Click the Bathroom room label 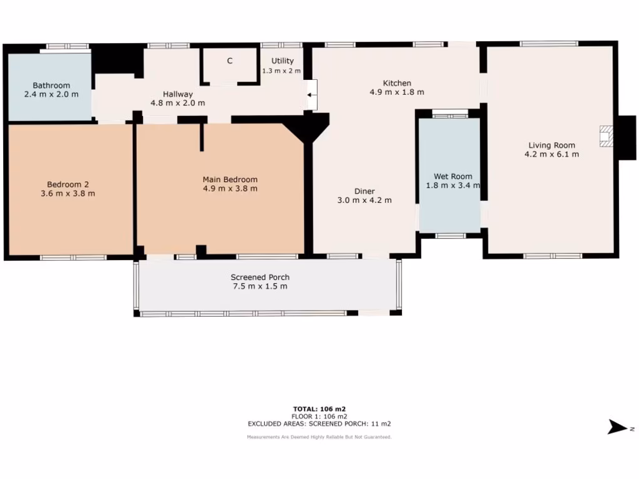tap(51, 85)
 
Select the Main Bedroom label tap(230, 180)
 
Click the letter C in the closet tap(230, 61)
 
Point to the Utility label tap(282, 61)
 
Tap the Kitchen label tap(397, 83)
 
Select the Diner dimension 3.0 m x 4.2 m tap(364, 200)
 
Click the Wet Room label tap(449, 177)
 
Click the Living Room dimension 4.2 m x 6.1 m tap(552, 153)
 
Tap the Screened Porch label tap(260, 278)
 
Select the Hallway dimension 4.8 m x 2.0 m tap(178, 103)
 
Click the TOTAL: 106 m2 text tap(319, 409)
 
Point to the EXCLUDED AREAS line tap(319, 423)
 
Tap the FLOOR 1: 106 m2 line tap(319, 416)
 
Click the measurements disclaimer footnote tap(319, 437)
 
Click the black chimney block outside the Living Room tap(626, 138)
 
